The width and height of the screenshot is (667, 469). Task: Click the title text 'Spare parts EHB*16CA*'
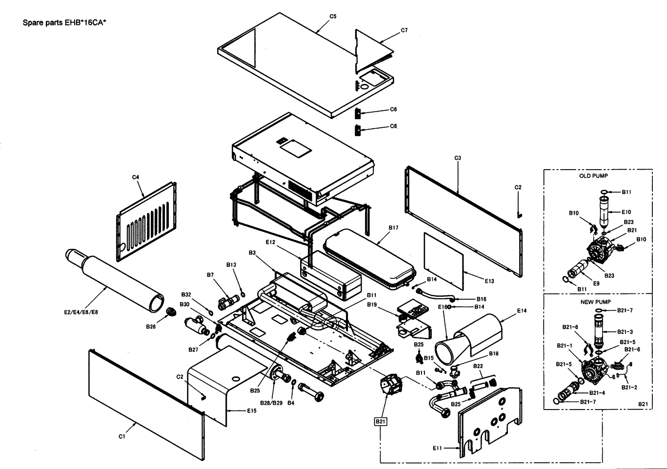coord(64,22)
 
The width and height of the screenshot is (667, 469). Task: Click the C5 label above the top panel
coord(333,17)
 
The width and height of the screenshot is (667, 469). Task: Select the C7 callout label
coord(404,30)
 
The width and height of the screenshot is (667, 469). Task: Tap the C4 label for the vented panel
coord(136,177)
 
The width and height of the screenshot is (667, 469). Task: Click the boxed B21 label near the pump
coord(380,421)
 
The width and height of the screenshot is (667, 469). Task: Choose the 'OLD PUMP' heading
coord(593,176)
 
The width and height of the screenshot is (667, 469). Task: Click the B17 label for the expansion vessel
coord(393,228)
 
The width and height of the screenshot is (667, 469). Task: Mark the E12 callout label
coord(271,242)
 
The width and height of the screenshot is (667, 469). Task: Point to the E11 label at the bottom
coord(437,448)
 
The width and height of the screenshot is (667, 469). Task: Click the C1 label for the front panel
coord(122,437)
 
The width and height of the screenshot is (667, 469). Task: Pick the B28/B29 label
coord(271,403)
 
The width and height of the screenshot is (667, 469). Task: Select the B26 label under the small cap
coord(151,327)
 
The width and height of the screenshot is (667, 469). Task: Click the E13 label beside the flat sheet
coord(489,281)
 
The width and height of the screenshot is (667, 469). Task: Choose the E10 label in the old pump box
coord(627,212)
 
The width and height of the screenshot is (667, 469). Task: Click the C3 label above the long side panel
coord(458,158)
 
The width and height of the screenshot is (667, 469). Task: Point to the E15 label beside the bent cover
coord(251,411)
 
